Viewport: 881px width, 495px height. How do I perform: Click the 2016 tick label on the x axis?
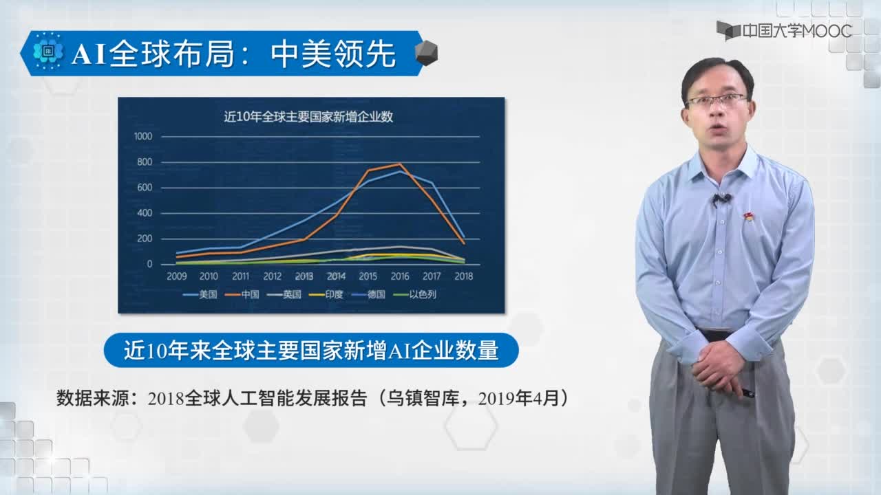(400, 276)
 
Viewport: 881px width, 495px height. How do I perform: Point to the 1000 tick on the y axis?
(143, 136)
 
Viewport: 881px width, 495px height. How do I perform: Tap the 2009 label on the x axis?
(177, 276)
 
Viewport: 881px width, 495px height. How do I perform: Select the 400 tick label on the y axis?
(145, 213)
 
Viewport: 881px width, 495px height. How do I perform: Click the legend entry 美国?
(200, 294)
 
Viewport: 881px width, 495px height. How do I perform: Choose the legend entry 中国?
(242, 294)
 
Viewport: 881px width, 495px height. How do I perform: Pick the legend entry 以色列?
(415, 294)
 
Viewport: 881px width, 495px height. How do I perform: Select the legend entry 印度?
(326, 294)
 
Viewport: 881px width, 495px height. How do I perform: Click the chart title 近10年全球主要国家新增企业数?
(308, 117)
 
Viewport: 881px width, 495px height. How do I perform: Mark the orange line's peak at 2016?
(400, 164)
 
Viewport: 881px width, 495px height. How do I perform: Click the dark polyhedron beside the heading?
(426, 53)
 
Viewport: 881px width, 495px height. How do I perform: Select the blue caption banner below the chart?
(311, 350)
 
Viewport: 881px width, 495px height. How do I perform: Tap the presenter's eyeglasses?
(717, 100)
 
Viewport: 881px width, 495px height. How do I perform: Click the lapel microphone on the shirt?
(721, 199)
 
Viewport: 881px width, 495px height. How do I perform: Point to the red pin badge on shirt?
(748, 216)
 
